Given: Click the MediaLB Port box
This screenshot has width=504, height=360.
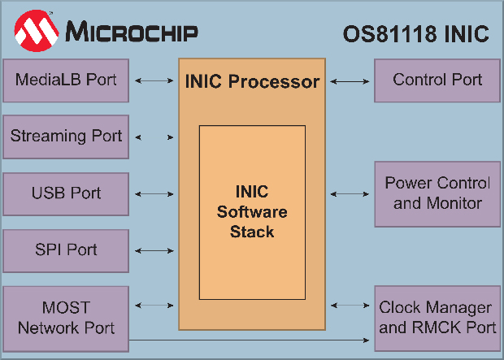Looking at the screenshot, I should pos(66,80).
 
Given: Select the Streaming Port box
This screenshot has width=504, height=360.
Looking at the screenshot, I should pos(66,137).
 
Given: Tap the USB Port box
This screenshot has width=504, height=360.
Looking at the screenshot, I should pos(66,193).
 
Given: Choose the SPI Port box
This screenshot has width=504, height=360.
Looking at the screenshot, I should pos(66,250).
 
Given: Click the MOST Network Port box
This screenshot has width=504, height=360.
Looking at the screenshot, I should pos(66,318).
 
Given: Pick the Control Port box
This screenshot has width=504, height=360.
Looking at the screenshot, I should pos(437,80).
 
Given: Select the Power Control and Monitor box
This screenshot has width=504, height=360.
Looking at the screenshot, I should pos(437,193).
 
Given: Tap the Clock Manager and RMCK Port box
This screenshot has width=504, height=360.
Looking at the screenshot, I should pos(437,318).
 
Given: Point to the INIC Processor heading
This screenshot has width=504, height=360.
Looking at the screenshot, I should pos(252,82).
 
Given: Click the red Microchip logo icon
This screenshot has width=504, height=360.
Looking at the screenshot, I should pos(35,32).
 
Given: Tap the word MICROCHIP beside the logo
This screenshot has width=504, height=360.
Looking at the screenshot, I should pos(131,33).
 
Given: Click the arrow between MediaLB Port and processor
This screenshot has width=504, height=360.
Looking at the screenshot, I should pos(154,80).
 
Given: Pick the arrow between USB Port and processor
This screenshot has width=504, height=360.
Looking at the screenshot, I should pos(154,194).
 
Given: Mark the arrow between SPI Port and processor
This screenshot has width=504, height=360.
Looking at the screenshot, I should pos(154,251).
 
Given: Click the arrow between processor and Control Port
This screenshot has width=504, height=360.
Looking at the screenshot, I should pos(350,80).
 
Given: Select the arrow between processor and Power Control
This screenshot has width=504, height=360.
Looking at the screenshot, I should pos(350,194).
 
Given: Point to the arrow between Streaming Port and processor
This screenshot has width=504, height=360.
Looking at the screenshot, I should pos(154,137).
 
